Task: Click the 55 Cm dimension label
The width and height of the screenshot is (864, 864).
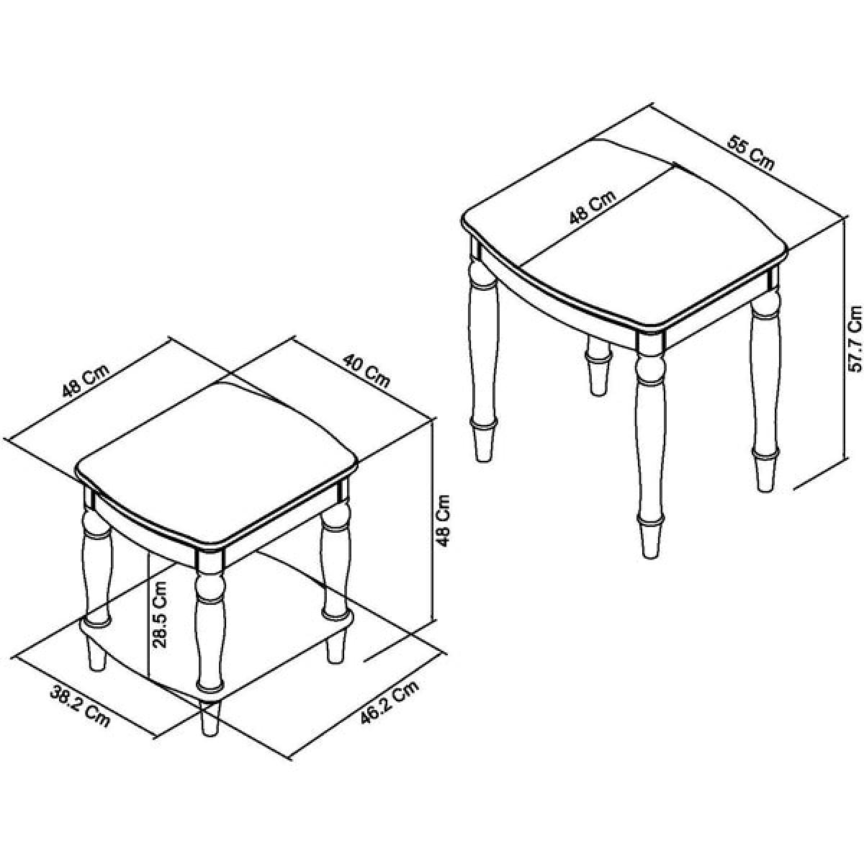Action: (750, 154)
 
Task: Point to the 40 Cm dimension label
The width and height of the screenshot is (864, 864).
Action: (366, 371)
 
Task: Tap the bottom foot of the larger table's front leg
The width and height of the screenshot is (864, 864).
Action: (649, 539)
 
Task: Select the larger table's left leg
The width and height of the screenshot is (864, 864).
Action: (483, 350)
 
